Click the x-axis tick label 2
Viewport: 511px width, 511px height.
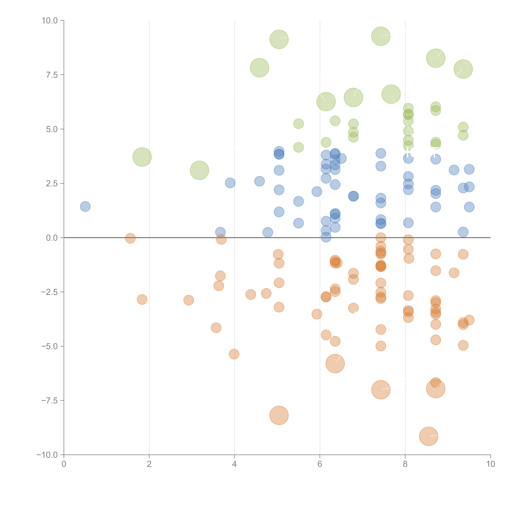(149, 464)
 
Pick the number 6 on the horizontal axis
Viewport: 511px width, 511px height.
(320, 464)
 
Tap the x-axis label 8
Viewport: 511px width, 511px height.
(405, 464)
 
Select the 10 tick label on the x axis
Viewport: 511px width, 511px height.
(490, 464)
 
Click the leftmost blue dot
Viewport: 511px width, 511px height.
(85, 206)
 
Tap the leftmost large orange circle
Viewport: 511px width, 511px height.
(279, 415)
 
